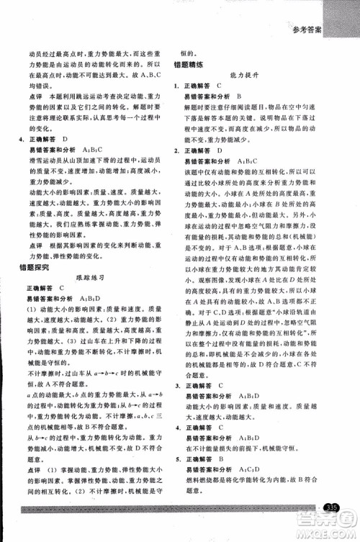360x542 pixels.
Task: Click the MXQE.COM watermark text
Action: tap(332, 533)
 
